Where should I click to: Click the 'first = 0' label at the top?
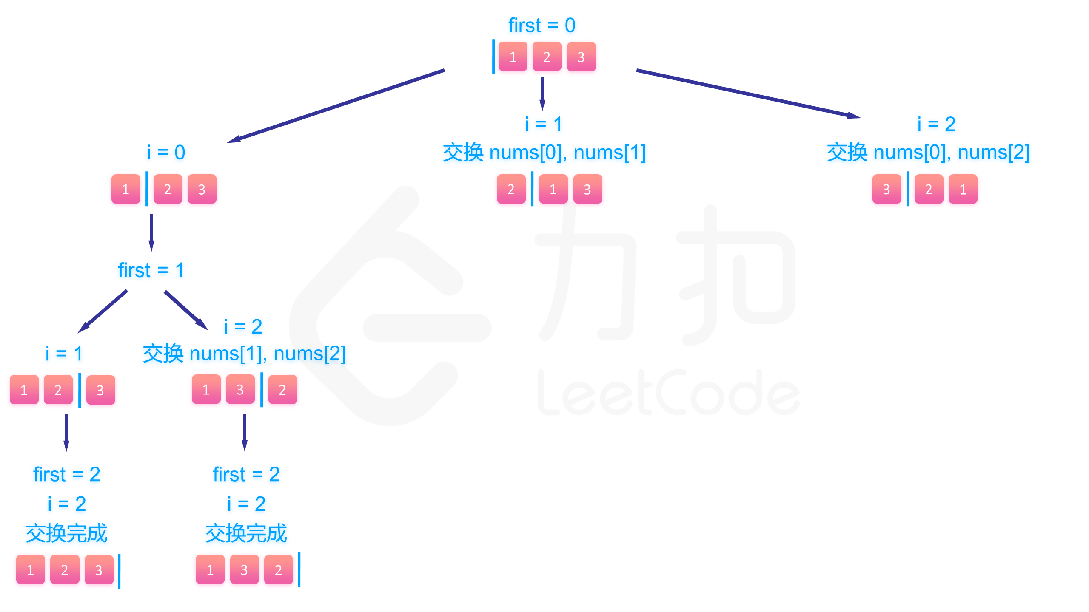click(542, 25)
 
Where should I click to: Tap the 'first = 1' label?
click(151, 270)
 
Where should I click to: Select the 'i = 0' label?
click(166, 152)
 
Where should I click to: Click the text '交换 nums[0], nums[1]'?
click(544, 152)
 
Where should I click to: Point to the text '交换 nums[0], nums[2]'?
click(928, 152)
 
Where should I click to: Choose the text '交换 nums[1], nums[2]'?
click(244, 353)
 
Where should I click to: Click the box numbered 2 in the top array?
click(547, 57)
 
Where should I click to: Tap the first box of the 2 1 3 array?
click(511, 189)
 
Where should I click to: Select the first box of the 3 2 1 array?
click(887, 189)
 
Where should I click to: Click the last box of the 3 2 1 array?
click(963, 189)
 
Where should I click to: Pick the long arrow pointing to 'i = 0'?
click(336, 106)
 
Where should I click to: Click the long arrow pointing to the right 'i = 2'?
click(749, 94)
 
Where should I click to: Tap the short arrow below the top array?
click(542, 93)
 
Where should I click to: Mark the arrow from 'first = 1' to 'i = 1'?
click(103, 312)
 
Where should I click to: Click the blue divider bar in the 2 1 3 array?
click(532, 189)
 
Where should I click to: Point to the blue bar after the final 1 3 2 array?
click(299, 569)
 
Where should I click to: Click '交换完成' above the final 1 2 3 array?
click(67, 533)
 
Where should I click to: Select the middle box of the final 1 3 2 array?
click(244, 569)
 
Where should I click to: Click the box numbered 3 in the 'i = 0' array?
click(202, 189)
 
